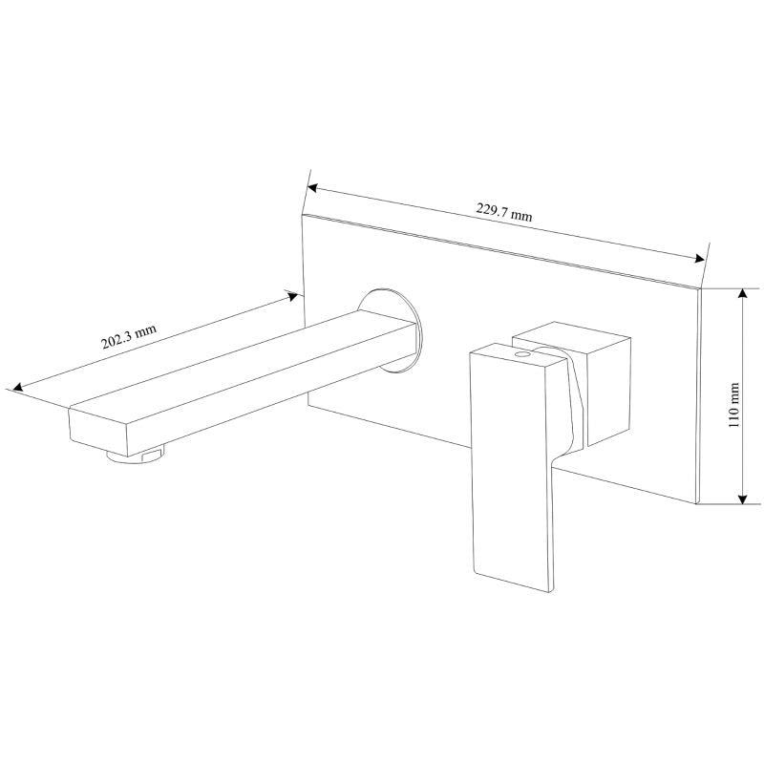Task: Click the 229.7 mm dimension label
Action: (504, 212)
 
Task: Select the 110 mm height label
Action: (733, 405)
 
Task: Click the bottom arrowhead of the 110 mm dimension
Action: (741, 499)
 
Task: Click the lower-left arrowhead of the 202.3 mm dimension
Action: (13, 387)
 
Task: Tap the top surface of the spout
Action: (239, 358)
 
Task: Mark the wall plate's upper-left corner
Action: (304, 214)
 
